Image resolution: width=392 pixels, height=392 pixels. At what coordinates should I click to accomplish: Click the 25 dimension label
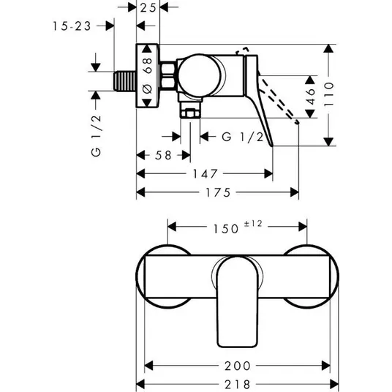(x=148, y=8)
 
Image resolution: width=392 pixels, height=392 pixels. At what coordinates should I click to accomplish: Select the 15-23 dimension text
(x=72, y=26)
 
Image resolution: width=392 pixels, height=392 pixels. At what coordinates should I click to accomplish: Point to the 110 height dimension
(x=329, y=94)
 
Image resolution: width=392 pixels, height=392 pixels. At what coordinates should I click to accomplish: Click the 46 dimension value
(x=310, y=97)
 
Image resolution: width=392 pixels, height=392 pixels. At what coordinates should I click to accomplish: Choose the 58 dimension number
(x=163, y=155)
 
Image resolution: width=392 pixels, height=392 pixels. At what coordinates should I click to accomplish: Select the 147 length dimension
(x=205, y=174)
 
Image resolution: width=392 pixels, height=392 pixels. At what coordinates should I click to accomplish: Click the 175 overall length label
(x=218, y=192)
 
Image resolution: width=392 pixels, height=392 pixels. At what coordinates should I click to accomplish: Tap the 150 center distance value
(x=226, y=228)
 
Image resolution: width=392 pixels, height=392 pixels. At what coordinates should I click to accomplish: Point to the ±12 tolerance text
(x=253, y=224)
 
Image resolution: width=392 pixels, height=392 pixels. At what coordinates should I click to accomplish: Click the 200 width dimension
(x=238, y=366)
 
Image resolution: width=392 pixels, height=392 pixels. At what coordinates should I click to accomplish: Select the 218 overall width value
(x=238, y=385)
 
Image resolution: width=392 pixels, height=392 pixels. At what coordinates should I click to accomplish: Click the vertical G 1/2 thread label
(x=97, y=135)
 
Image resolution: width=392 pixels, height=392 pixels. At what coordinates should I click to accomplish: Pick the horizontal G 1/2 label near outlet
(x=243, y=137)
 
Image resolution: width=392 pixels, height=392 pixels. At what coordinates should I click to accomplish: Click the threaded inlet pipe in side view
(x=125, y=81)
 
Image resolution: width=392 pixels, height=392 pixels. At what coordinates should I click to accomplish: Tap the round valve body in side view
(x=200, y=75)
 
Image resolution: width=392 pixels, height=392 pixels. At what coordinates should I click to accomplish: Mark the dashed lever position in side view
(x=279, y=101)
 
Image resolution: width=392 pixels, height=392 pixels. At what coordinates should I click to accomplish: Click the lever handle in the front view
(x=237, y=302)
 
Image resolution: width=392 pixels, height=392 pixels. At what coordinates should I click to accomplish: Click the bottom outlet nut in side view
(x=190, y=114)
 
